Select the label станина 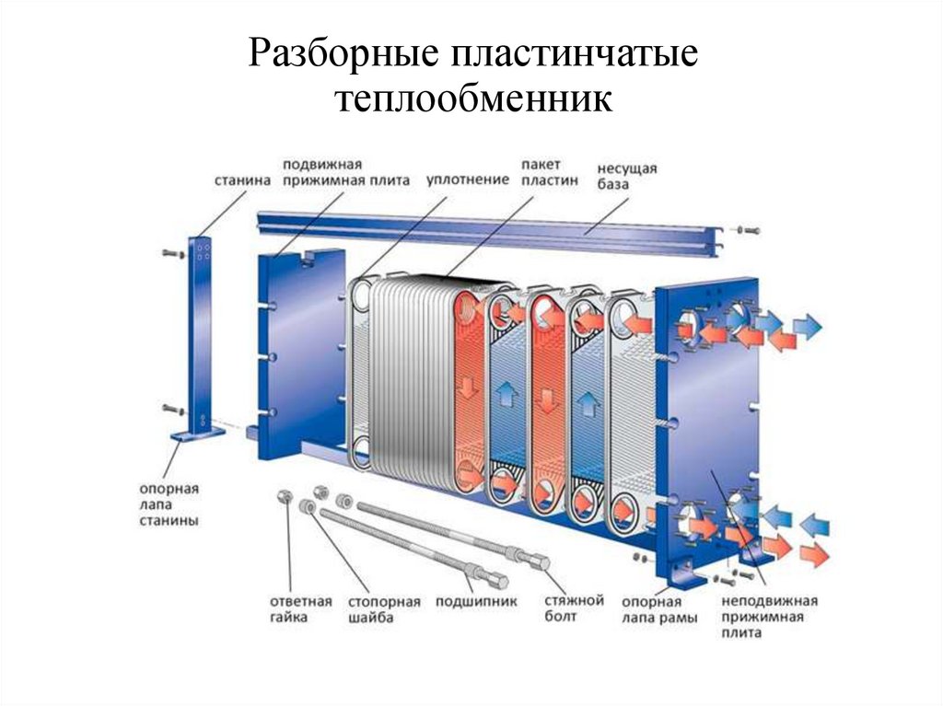coord(242,180)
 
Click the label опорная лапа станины coord(169,504)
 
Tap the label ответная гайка coord(300,609)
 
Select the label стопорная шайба coord(384,609)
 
